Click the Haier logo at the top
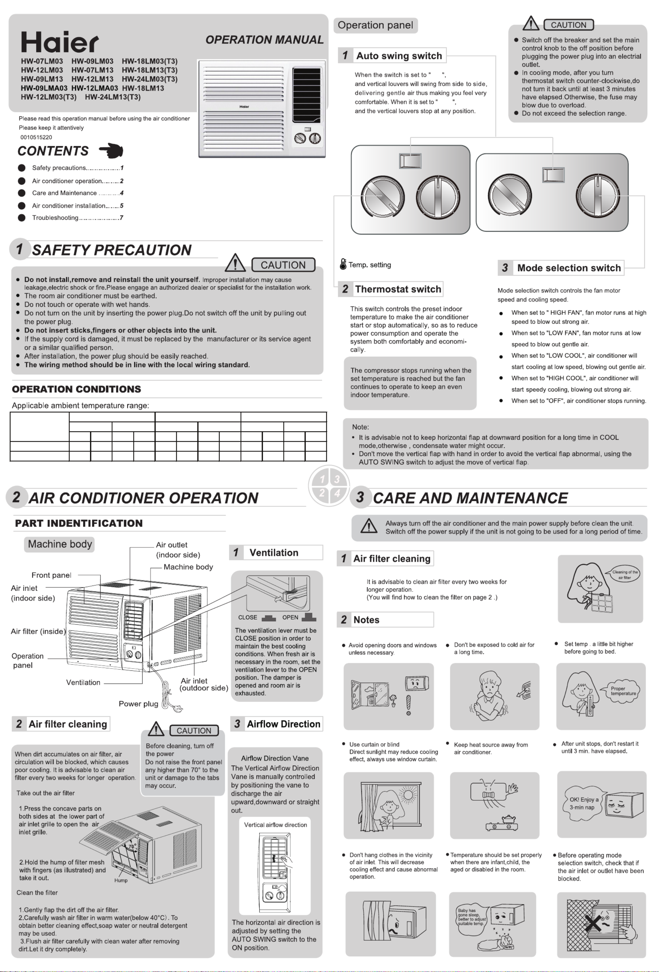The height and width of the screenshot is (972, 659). click(60, 42)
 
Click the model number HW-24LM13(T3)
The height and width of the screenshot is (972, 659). click(113, 97)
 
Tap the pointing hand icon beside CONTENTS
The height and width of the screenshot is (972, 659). click(111, 150)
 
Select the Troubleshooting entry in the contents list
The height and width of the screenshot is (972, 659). click(55, 218)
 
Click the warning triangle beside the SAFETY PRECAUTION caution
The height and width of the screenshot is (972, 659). click(235, 263)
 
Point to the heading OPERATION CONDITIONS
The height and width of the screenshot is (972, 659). click(77, 389)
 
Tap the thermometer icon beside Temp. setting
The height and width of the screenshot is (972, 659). click(343, 264)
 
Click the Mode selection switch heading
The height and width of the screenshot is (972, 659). click(568, 268)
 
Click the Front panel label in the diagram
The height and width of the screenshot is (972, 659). click(51, 575)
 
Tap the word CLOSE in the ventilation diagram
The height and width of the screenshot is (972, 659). click(247, 617)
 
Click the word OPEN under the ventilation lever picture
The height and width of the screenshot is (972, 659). click(290, 617)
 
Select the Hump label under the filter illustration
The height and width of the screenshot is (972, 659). click(121, 880)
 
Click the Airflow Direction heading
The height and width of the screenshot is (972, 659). click(283, 724)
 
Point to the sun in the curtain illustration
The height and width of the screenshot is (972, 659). click(407, 794)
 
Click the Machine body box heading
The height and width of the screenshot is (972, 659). click(60, 544)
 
